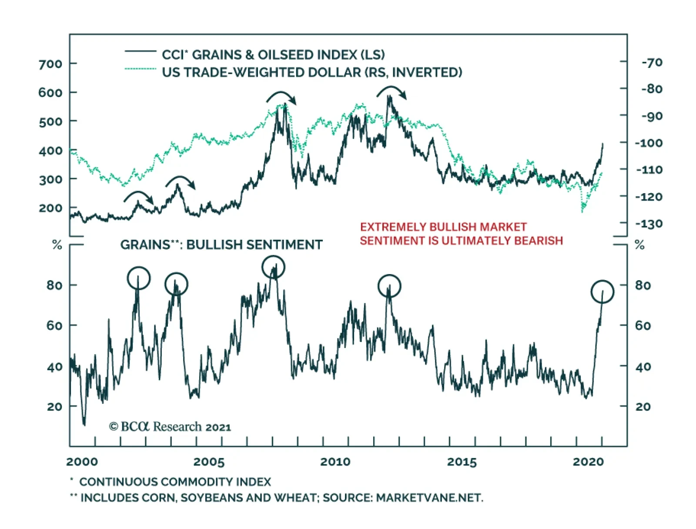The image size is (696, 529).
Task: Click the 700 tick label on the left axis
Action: [x=50, y=64]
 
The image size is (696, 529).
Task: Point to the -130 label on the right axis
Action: [x=649, y=224]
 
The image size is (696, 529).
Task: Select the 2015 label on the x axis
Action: [x=462, y=462]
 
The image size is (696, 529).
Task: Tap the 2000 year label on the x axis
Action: [x=82, y=462]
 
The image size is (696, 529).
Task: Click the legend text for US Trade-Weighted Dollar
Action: [x=311, y=72]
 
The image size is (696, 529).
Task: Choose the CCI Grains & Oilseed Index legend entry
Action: [x=273, y=55]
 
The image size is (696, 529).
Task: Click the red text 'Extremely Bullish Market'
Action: [x=443, y=227]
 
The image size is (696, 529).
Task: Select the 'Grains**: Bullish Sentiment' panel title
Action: [x=221, y=245]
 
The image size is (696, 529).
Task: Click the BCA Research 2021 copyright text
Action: [x=170, y=427]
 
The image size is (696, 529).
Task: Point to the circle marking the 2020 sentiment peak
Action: [x=602, y=291]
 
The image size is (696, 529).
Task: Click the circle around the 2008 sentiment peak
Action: [x=273, y=267]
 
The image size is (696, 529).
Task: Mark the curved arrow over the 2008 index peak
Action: [x=281, y=97]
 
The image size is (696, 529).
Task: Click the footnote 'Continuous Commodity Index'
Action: [x=175, y=482]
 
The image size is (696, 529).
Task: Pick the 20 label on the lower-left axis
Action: [x=54, y=407]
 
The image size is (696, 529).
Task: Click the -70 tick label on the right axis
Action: [x=652, y=63]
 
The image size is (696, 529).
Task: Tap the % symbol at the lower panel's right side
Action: [x=639, y=245]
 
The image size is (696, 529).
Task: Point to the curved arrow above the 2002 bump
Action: [x=139, y=196]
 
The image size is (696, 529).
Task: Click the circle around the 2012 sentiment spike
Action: [x=389, y=286]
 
